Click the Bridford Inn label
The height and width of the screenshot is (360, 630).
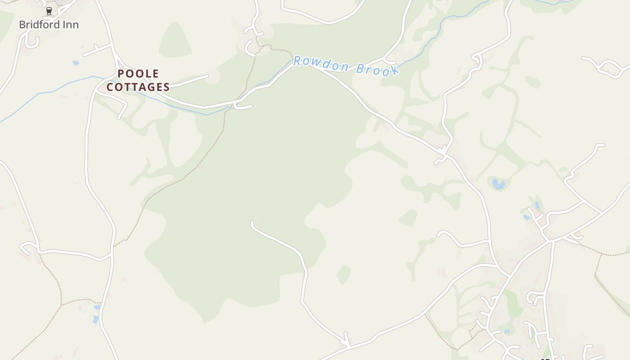tap(49, 25)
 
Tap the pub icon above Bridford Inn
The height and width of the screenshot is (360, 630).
tap(49, 11)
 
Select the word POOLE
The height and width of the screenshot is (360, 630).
tap(138, 74)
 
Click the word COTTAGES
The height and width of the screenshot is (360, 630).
tap(138, 87)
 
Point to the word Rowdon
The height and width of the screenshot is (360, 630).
tap(321, 64)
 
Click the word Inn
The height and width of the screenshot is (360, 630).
tap(70, 25)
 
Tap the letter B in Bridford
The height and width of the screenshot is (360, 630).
tap(22, 25)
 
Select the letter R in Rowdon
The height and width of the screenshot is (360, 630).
tap(297, 61)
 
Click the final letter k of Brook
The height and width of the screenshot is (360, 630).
tap(395, 71)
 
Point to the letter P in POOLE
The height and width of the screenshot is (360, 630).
tap(121, 74)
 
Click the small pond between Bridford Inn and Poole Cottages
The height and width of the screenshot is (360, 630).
tap(76, 63)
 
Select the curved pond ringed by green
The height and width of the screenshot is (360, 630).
tap(498, 184)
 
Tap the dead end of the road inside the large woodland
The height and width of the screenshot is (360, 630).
tap(252, 222)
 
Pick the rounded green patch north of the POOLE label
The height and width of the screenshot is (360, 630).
tap(175, 40)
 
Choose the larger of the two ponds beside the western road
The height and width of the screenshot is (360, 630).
tap(95, 320)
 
